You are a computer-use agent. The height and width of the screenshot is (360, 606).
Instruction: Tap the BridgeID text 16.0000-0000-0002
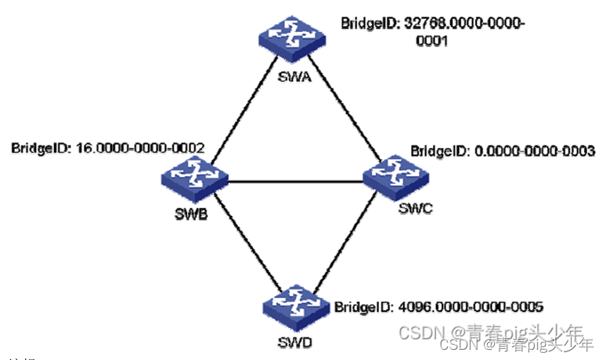click(x=140, y=146)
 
